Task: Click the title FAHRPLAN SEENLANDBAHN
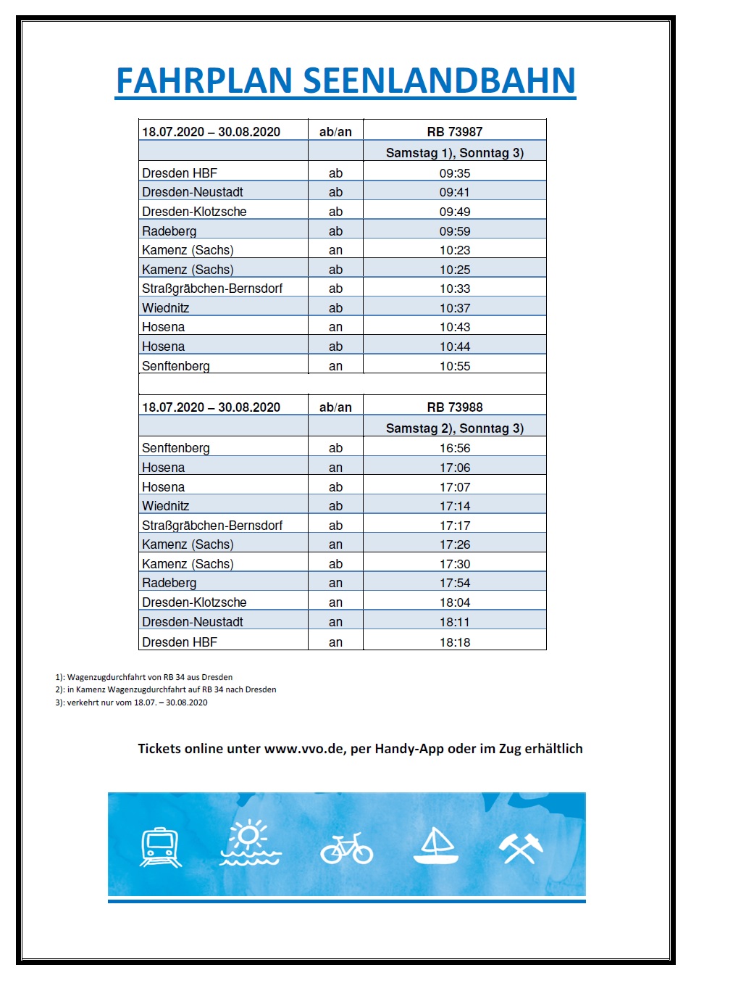point(345,80)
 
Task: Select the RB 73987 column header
point(454,131)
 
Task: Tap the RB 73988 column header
point(454,407)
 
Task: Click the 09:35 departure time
point(454,173)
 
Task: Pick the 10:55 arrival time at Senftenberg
point(454,366)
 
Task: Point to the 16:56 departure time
point(454,448)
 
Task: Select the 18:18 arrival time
point(454,642)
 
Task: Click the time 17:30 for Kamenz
point(454,563)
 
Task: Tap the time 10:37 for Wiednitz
point(454,308)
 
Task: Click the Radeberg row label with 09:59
point(169,231)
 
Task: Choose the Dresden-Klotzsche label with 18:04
point(194,602)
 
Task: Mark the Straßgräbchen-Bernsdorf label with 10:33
point(212,289)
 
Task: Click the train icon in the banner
point(160,847)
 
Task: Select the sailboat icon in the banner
point(436,846)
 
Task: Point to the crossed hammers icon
point(521,847)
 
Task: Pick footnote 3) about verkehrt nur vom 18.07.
point(132,702)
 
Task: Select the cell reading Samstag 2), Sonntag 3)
point(454,428)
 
